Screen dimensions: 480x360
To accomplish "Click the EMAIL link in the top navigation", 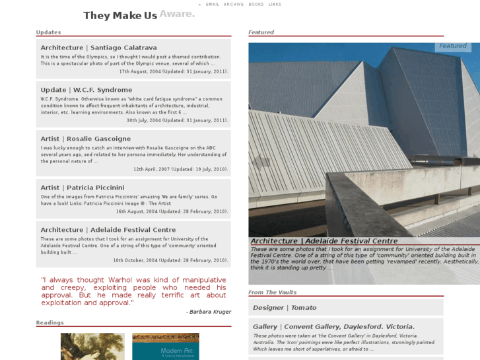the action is [x=213, y=5].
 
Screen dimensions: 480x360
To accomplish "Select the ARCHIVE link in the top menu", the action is [x=234, y=5].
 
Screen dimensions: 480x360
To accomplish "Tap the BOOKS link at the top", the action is [x=256, y=5].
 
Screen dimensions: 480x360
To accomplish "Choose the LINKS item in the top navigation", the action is [x=275, y=5].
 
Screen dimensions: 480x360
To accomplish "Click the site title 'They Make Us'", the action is [x=120, y=16].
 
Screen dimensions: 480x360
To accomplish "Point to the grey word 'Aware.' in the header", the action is [x=177, y=14].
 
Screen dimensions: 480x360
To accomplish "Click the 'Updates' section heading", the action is [x=48, y=32].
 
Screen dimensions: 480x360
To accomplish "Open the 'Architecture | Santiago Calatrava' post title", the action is [x=98, y=48].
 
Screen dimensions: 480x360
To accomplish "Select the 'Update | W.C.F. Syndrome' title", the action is [x=86, y=90].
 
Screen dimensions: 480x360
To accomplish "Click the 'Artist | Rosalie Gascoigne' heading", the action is [x=85, y=139].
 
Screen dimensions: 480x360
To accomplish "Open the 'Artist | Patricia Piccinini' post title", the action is [x=85, y=188].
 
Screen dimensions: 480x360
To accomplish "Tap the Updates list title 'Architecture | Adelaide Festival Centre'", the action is [x=108, y=230].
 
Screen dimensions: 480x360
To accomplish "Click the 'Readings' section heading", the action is [x=50, y=323].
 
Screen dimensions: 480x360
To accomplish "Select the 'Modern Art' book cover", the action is [x=165, y=346].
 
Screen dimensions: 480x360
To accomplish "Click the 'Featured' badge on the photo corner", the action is [x=453, y=46].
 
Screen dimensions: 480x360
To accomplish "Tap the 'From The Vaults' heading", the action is [x=272, y=292].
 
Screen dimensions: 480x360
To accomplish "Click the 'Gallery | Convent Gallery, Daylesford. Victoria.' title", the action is [x=333, y=326].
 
